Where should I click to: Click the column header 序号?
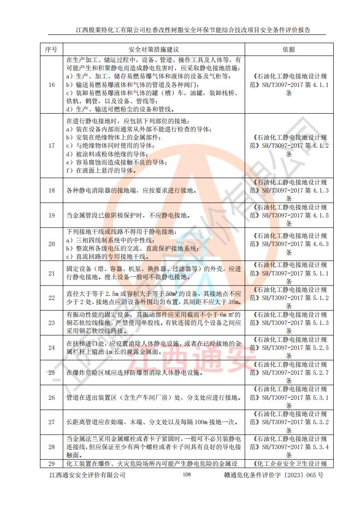[51, 49]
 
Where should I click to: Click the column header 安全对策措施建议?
[155, 49]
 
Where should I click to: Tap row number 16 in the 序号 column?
[51, 84]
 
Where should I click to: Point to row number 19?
[51, 215]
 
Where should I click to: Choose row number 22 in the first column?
[51, 298]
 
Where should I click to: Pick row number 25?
[51, 373]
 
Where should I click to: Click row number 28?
[51, 446]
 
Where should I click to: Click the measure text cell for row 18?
[132, 191]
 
